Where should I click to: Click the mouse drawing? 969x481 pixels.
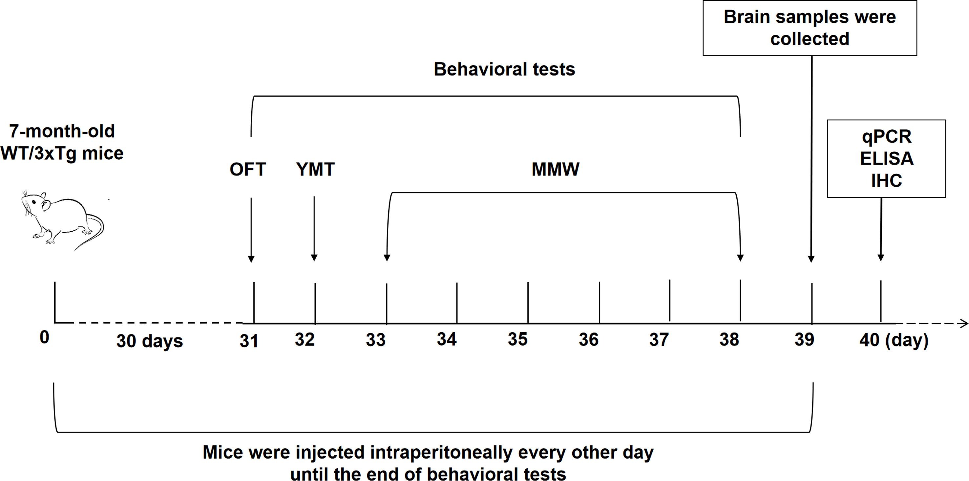[x=62, y=220]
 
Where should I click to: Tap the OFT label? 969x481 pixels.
[x=247, y=170]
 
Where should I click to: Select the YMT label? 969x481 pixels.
[x=315, y=170]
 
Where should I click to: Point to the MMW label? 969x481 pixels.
[x=555, y=170]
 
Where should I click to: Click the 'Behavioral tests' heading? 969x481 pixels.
[x=504, y=69]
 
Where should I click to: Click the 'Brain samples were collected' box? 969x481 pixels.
[x=810, y=28]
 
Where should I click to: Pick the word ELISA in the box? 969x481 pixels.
[x=887, y=159]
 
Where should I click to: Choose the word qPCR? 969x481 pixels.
[x=887, y=136]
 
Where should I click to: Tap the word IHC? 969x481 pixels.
[x=887, y=181]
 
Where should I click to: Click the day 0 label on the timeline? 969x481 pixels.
[x=44, y=337]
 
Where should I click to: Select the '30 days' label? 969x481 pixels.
[x=149, y=341]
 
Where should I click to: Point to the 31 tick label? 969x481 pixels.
[x=249, y=341]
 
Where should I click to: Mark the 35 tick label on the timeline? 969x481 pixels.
[x=517, y=339]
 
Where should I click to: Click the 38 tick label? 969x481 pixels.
[x=729, y=339]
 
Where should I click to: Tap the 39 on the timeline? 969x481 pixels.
[x=804, y=339]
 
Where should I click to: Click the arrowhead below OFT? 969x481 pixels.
[x=251, y=259]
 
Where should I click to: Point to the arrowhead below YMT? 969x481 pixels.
[x=314, y=258]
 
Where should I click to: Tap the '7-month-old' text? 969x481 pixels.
[x=62, y=131]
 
